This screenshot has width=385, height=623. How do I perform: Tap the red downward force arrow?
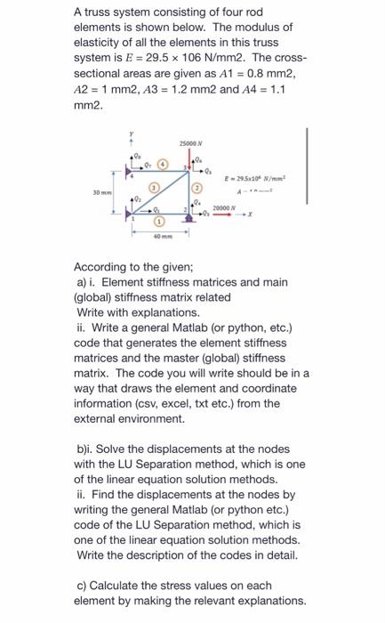coord(189,159)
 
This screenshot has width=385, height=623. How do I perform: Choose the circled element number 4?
coord(160,164)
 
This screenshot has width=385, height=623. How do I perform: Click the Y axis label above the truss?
coord(132,138)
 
